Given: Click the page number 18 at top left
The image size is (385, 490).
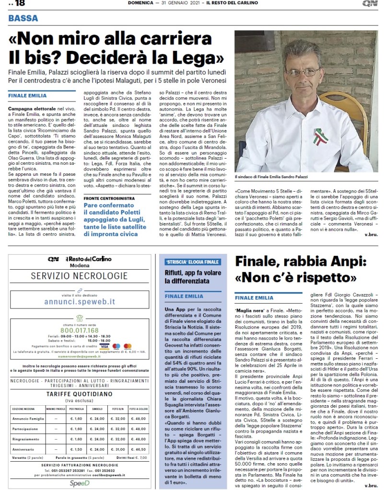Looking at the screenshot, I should coord(18,4).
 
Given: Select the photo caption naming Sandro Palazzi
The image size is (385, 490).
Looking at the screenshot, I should coord(271,177).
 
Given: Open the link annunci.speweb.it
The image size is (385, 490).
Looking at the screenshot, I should coord(80,302).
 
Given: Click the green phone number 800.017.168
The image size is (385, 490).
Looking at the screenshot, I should coord(80,330).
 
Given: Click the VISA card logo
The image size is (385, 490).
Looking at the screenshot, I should coord(105,346).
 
